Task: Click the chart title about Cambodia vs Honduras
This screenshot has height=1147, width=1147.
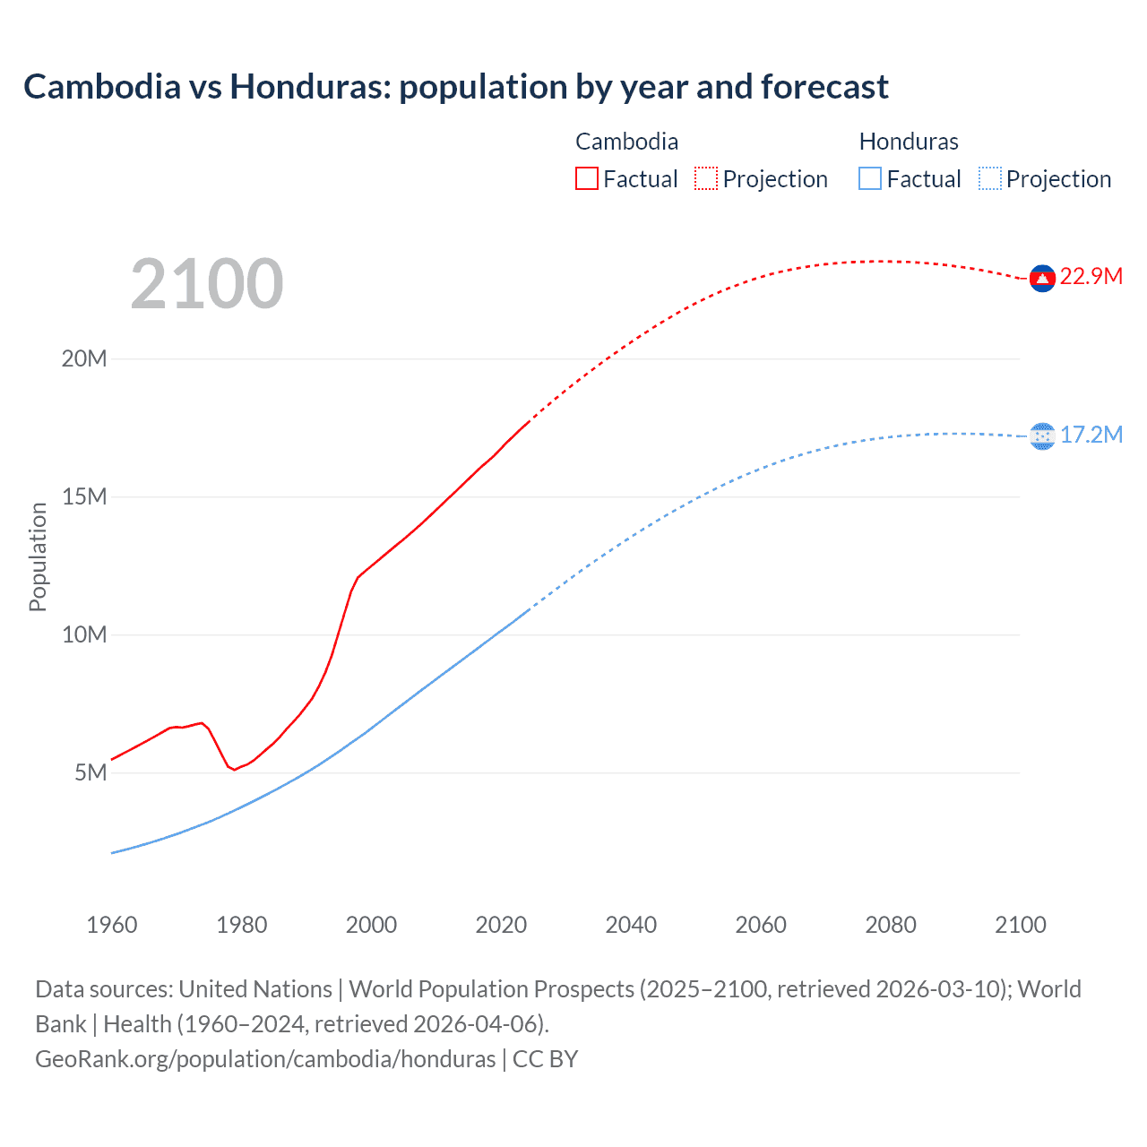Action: click(456, 87)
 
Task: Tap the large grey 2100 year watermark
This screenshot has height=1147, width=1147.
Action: click(207, 284)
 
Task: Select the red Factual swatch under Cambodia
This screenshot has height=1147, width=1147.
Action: click(586, 178)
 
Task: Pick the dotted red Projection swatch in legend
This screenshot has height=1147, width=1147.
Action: click(706, 178)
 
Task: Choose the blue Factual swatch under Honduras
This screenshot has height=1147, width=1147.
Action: click(870, 178)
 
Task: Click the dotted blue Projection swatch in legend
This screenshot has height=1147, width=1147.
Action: click(989, 178)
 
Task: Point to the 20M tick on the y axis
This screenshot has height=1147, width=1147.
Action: click(84, 358)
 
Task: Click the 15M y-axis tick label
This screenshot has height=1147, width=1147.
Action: click(84, 496)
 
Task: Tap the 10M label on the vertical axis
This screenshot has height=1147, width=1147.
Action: click(84, 634)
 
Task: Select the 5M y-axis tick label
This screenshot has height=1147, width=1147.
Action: click(91, 772)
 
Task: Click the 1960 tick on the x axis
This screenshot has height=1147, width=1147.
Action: click(112, 925)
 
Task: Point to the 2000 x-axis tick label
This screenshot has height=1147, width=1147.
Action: click(371, 925)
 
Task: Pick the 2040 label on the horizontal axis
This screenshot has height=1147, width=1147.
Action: click(631, 925)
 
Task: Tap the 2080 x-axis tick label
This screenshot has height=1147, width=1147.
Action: click(891, 925)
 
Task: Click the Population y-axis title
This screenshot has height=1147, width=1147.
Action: click(38, 557)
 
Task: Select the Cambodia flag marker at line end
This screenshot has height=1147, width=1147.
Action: click(1042, 279)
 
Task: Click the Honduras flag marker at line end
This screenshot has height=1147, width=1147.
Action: click(1042, 436)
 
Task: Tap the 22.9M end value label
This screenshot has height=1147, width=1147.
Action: click(1091, 276)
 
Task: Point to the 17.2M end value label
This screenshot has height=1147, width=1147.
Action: click(1091, 435)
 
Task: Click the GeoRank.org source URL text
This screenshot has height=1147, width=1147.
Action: click(265, 1059)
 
